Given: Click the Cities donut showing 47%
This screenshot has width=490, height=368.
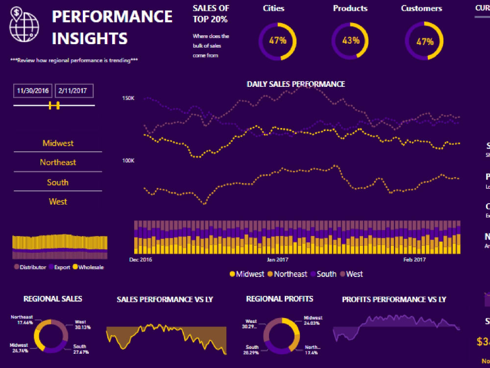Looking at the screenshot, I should click(277, 41).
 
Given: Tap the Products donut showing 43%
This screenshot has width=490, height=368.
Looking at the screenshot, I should click(351, 41).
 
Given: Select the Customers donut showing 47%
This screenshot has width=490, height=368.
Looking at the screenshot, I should click(424, 41).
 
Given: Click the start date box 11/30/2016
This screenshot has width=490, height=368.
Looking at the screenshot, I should click(33, 91).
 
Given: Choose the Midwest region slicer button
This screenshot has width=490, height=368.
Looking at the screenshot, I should click(58, 143).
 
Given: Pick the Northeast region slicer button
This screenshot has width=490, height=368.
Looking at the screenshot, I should click(58, 162).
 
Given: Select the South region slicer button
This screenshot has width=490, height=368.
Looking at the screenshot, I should click(58, 182).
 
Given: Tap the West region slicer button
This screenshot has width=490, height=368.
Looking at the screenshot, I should click(58, 201).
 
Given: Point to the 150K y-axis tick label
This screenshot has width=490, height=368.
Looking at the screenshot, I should click(128, 99).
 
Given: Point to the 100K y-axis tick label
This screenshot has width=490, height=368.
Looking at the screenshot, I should click(128, 160).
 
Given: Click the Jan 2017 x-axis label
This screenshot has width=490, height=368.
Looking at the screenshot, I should click(277, 260).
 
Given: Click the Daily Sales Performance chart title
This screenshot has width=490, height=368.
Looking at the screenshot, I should click(295, 84).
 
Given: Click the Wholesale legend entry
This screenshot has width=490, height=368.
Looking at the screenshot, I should click(88, 267).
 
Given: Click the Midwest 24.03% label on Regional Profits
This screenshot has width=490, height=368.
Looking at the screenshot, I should click(313, 320).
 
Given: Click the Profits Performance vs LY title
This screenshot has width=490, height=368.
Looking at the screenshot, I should click(393, 299).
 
